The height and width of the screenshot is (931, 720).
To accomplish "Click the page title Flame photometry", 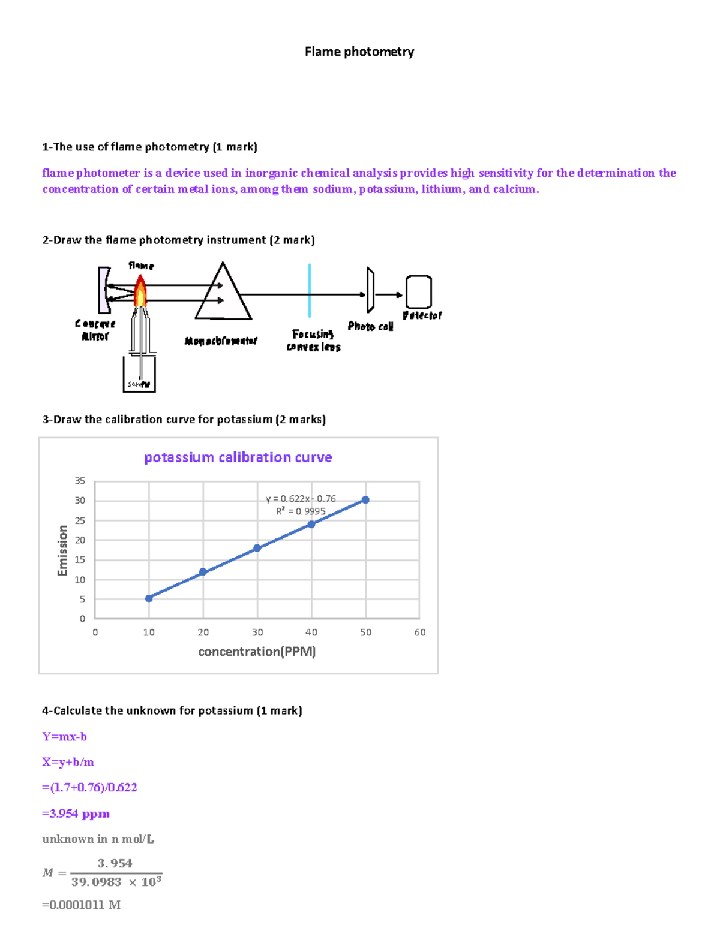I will coord(359,52).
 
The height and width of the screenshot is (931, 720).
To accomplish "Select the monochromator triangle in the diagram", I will coord(223,294).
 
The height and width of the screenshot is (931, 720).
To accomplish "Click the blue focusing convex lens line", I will coord(309,290).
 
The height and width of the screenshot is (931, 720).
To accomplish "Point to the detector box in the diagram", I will coord(419,292).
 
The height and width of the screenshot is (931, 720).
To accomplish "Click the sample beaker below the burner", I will coord(139,376).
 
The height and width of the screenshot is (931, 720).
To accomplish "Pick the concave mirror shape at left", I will coord(104,290).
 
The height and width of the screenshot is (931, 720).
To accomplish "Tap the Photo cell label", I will coord(370,326).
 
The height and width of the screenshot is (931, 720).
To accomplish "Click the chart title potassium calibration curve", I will coord(238,457).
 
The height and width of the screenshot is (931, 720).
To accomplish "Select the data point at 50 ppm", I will coord(365,499).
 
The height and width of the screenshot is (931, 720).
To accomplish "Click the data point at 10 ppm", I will coord(149,598).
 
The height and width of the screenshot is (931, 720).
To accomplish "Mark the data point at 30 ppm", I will coord(257,548).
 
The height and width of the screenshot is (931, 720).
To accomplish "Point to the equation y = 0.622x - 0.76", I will coord(301,499).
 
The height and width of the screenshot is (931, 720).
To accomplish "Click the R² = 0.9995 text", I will coord(301,511).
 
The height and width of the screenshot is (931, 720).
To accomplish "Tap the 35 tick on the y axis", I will coord(80,481).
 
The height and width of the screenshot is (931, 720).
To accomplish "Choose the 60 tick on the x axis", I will coord(419,632).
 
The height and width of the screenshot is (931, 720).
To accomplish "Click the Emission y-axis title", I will coord(62,550).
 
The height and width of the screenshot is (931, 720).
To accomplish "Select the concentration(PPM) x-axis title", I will coord(257,652).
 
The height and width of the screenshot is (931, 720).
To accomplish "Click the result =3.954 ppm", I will coord(76,814).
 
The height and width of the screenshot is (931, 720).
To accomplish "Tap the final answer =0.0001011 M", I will coord(81,905).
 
